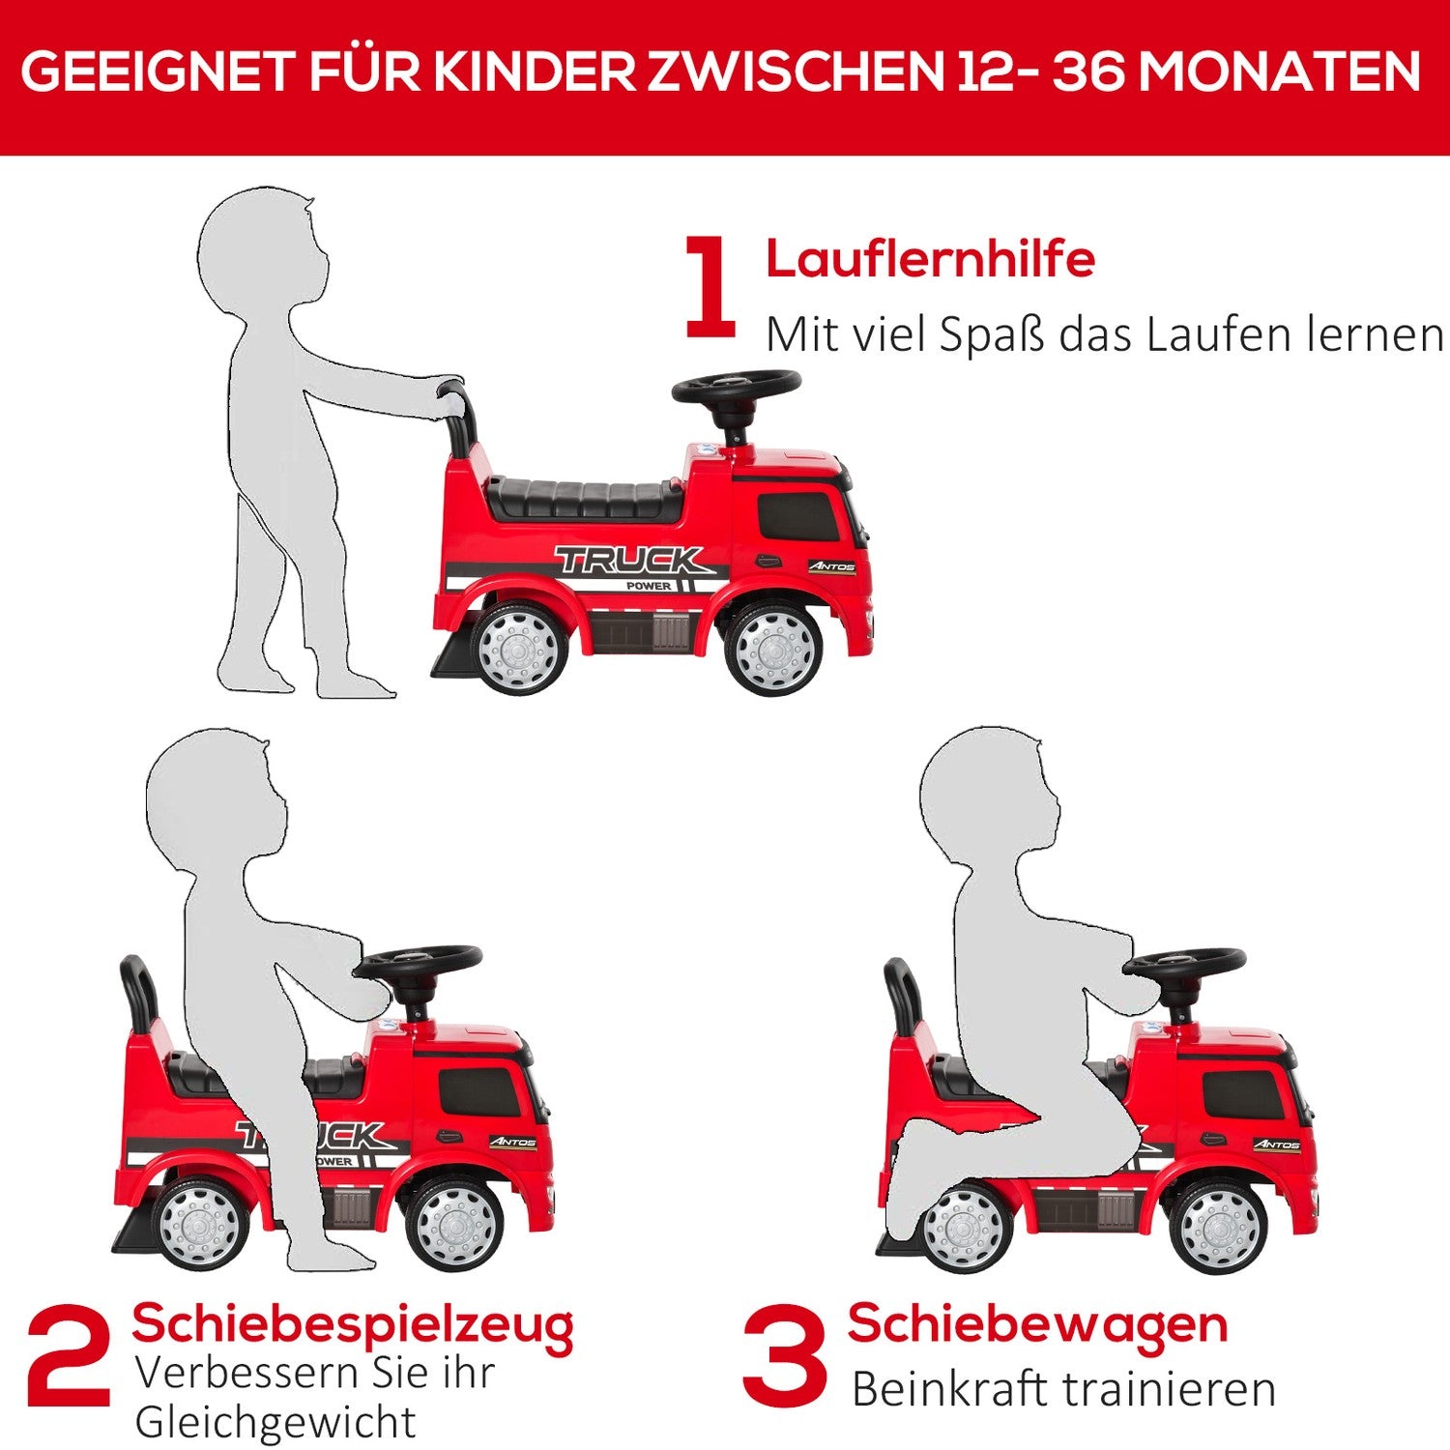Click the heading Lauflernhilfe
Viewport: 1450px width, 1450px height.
[x=930, y=259]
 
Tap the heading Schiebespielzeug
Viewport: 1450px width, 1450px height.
[x=353, y=1324]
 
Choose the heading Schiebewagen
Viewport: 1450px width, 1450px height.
[x=1037, y=1324]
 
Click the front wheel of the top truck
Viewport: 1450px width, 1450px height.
[x=772, y=648]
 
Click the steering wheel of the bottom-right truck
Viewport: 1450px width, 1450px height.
[x=1184, y=963]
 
